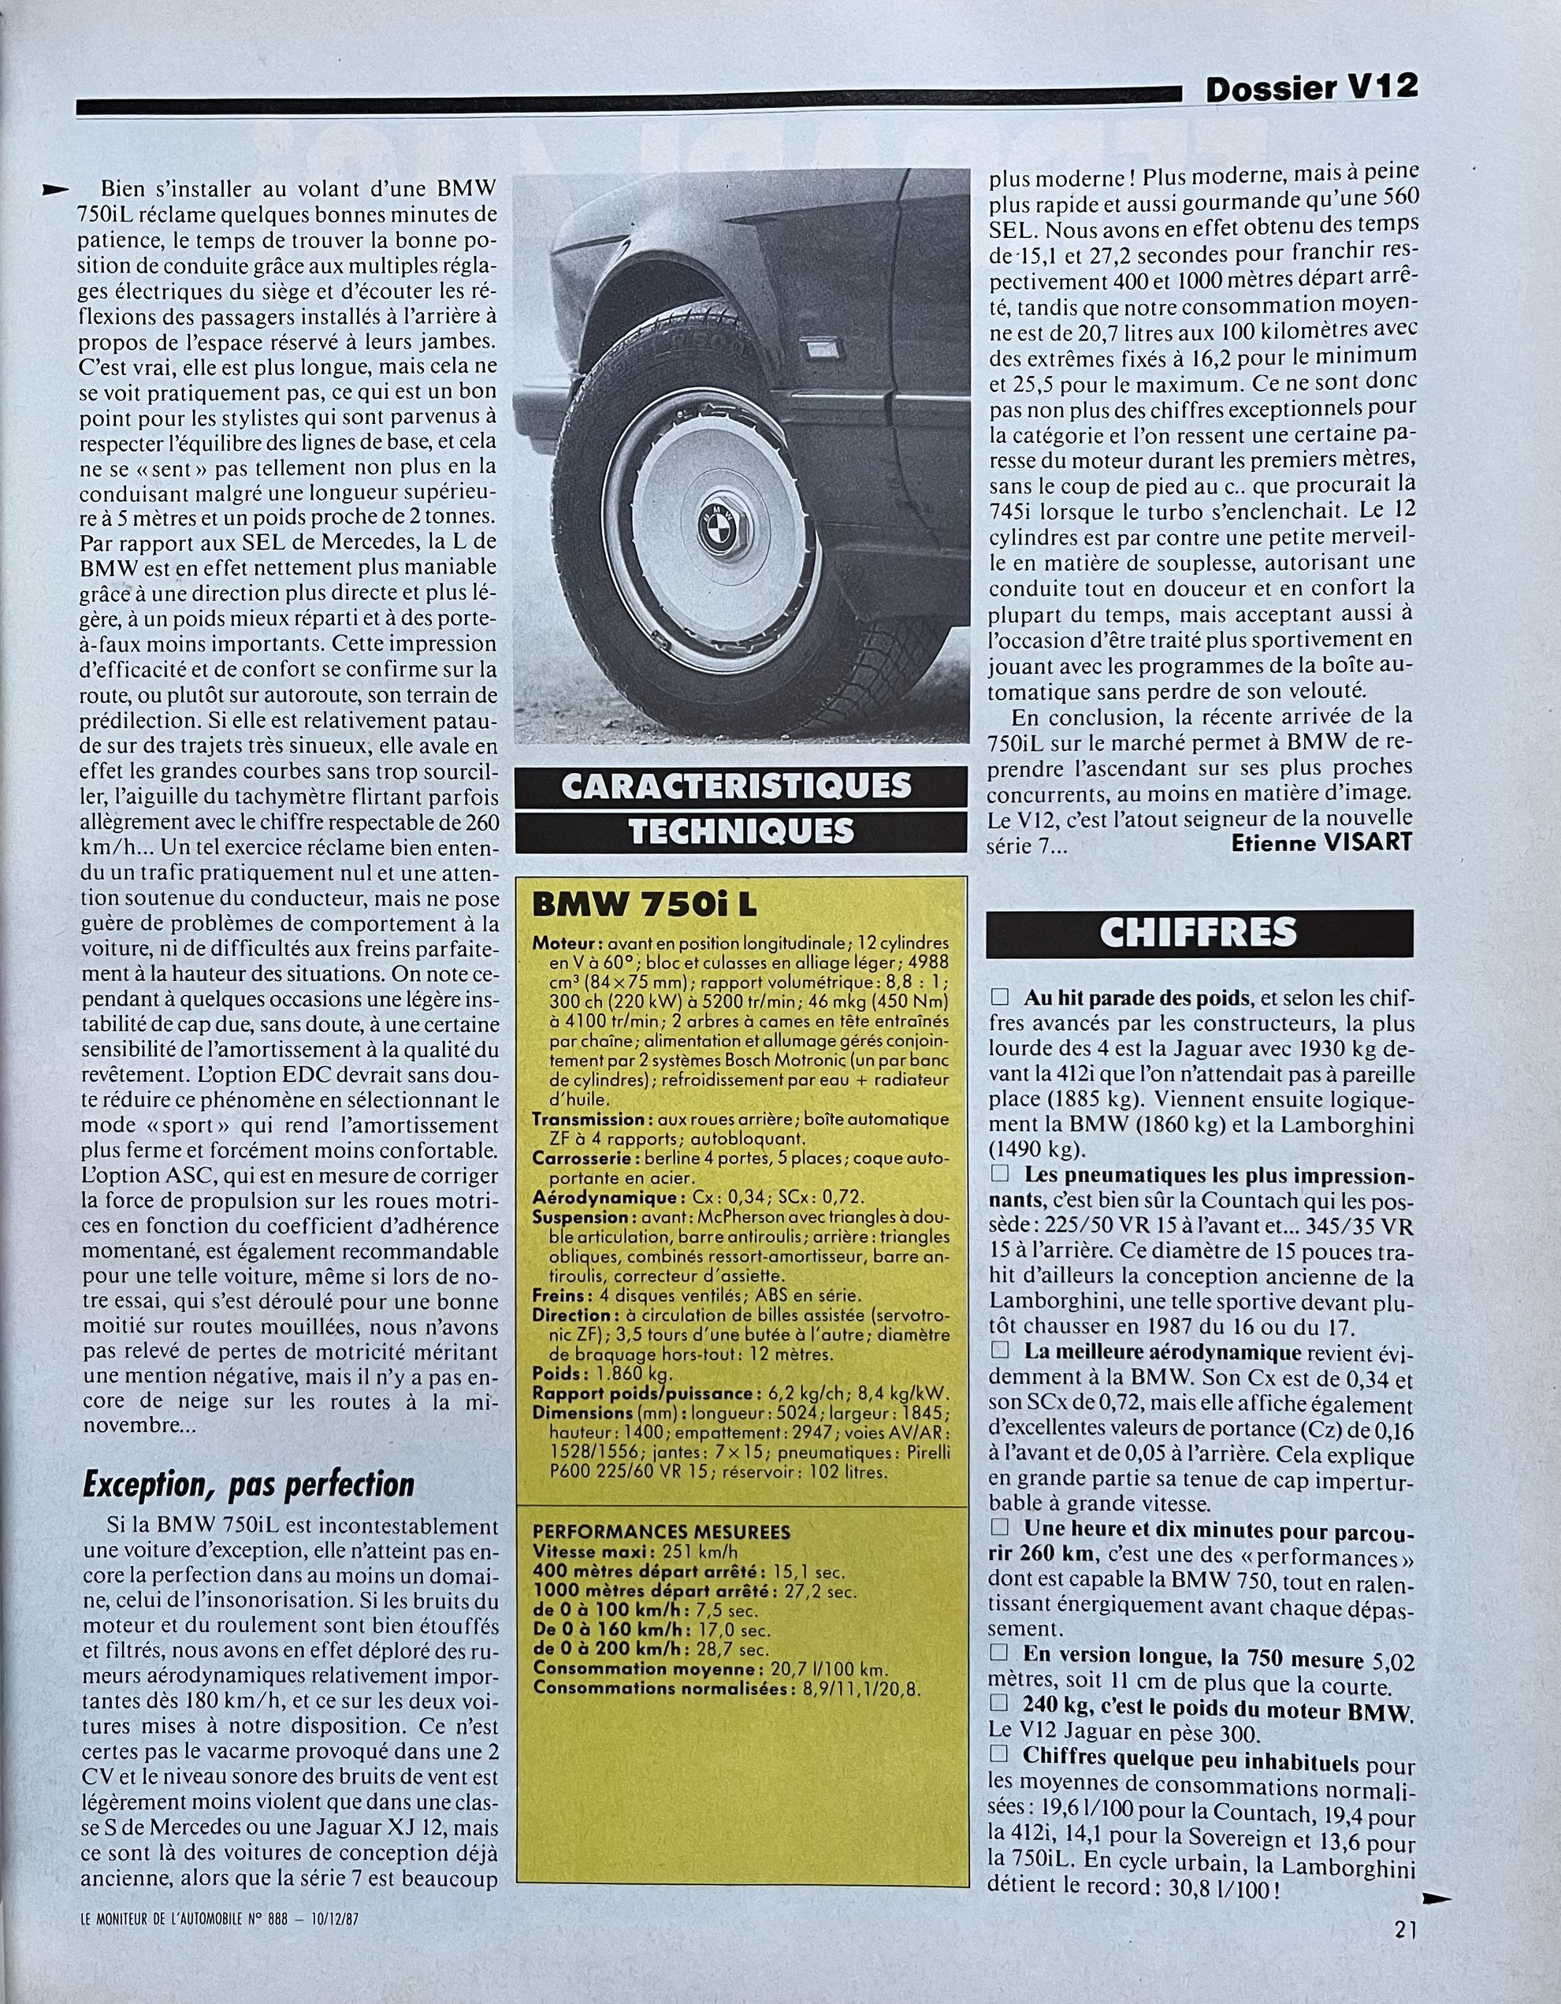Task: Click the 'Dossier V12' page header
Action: tap(1311, 89)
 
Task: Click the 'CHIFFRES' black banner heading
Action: tap(1199, 932)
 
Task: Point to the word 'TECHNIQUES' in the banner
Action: tap(741, 831)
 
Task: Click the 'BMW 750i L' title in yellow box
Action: tap(645, 905)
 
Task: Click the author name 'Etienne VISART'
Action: tap(1321, 842)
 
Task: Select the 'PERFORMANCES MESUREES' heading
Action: tap(661, 1531)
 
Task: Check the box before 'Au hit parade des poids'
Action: tap(1000, 998)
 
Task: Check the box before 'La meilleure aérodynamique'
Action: tap(1000, 1350)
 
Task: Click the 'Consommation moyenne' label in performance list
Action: tap(625, 1668)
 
